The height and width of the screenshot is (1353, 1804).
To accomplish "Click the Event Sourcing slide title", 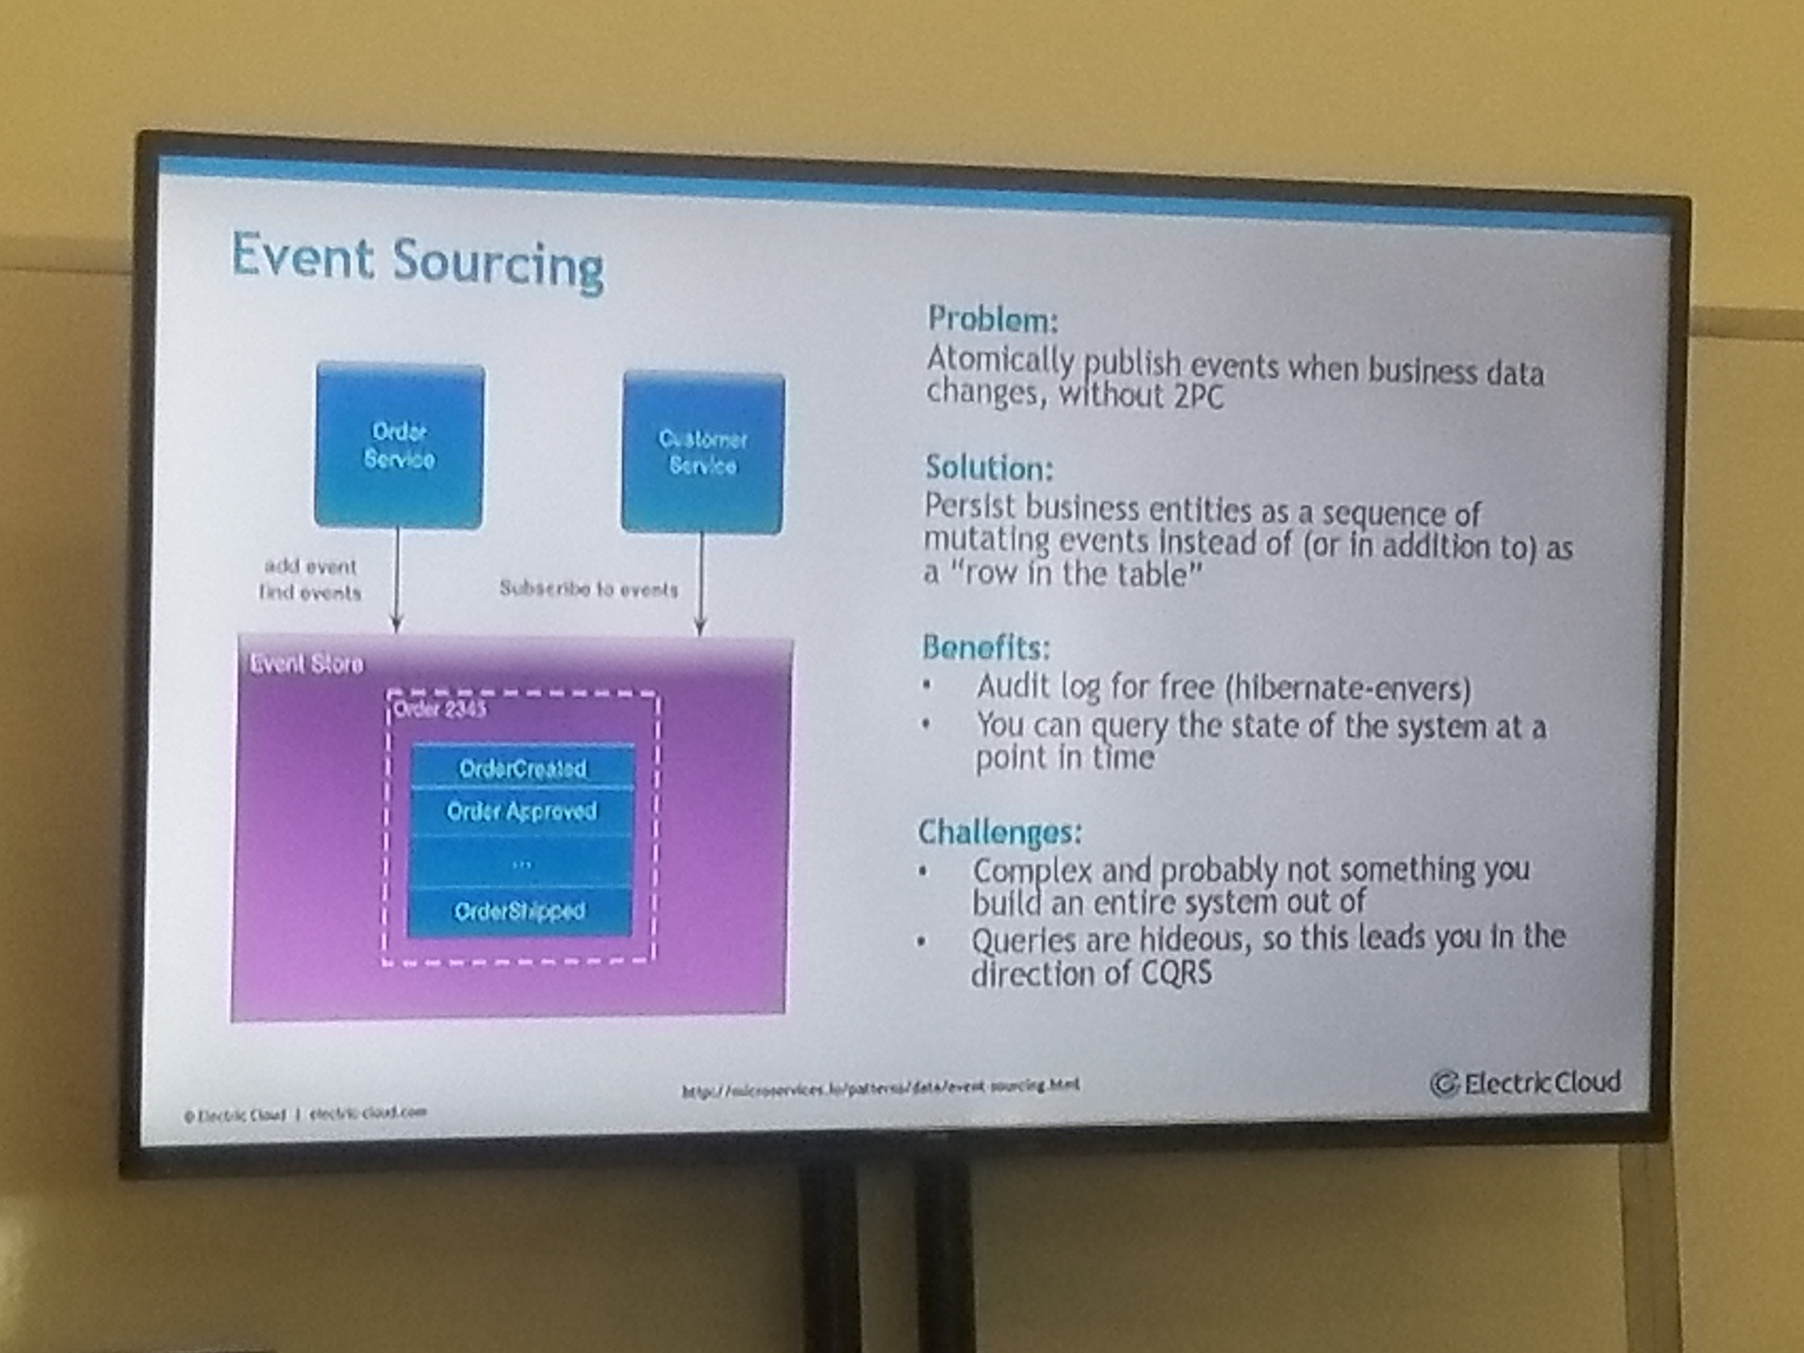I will [417, 263].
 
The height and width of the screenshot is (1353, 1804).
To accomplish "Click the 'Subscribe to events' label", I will [588, 589].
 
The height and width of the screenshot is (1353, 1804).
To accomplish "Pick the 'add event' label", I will [310, 566].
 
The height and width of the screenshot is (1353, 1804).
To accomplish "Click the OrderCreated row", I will [522, 767].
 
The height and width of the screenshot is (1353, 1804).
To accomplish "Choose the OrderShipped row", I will [519, 910].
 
